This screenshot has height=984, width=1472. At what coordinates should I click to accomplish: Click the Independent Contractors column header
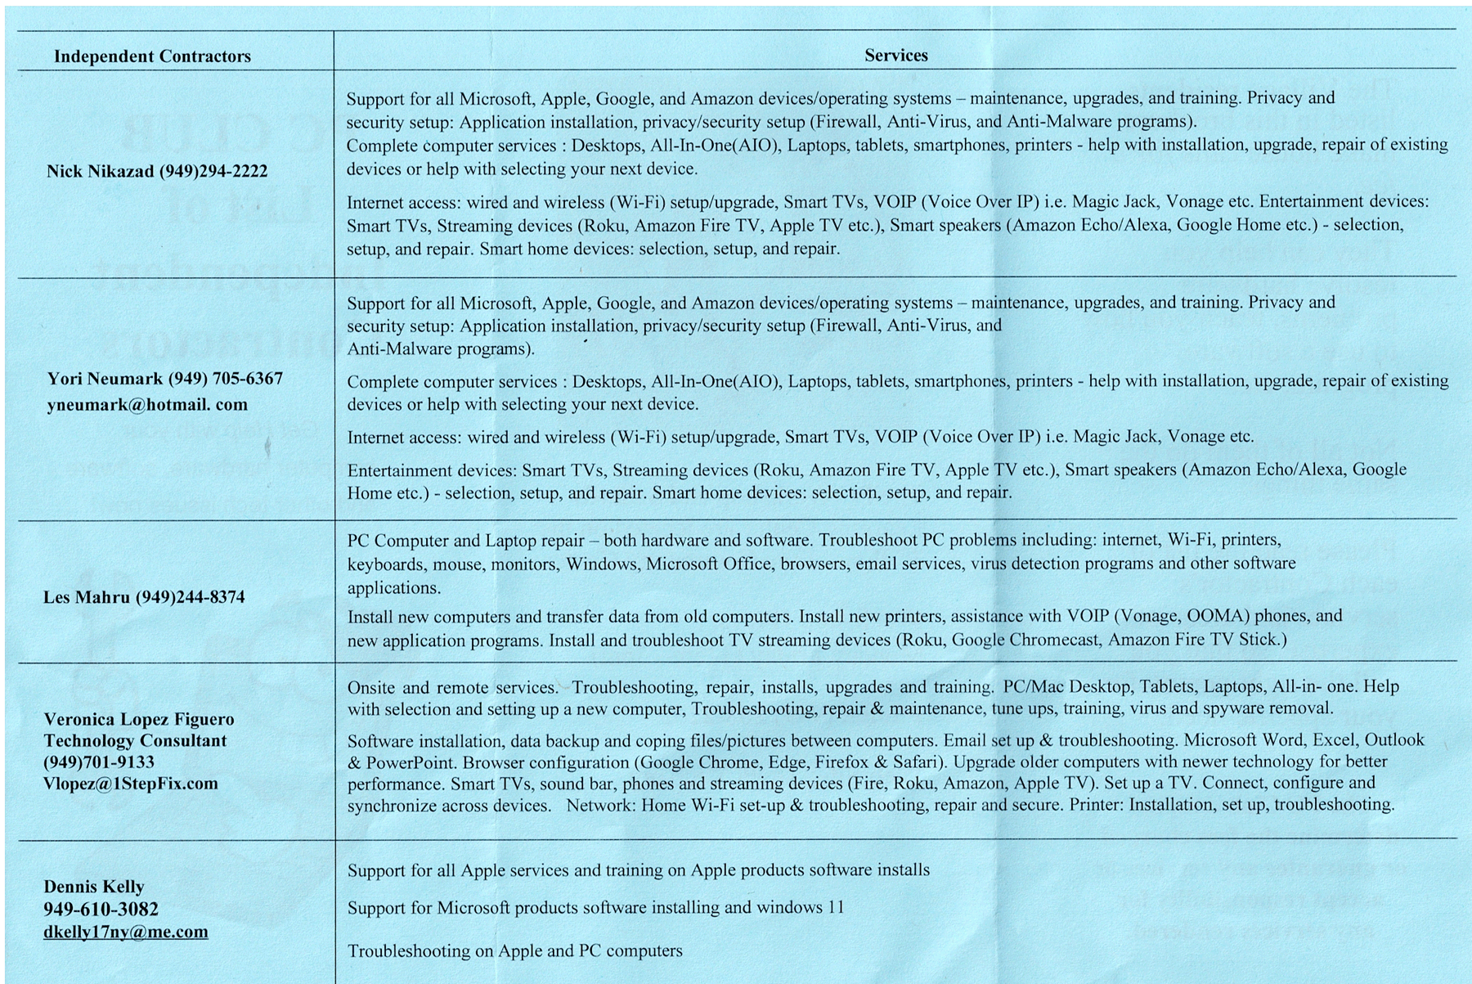pyautogui.click(x=152, y=56)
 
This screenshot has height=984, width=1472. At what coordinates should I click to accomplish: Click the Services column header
pyautogui.click(x=895, y=56)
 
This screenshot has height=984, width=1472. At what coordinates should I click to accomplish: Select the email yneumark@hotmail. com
pyautogui.click(x=147, y=405)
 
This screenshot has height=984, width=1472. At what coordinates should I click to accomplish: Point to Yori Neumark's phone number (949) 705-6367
pyautogui.click(x=226, y=379)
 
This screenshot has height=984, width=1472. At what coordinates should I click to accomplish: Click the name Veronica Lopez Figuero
pyautogui.click(x=139, y=720)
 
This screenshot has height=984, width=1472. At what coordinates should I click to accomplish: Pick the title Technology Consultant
pyautogui.click(x=135, y=741)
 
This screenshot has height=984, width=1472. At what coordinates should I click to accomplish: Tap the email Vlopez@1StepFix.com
pyautogui.click(x=131, y=784)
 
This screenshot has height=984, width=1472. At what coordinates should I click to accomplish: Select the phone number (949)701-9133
pyautogui.click(x=99, y=762)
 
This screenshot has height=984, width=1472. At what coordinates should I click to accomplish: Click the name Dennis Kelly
pyautogui.click(x=93, y=887)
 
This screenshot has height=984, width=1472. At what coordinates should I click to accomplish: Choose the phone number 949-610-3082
pyautogui.click(x=101, y=909)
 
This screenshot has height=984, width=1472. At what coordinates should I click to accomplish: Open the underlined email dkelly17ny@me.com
pyautogui.click(x=126, y=932)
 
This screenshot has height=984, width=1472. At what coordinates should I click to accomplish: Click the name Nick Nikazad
pyautogui.click(x=100, y=171)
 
